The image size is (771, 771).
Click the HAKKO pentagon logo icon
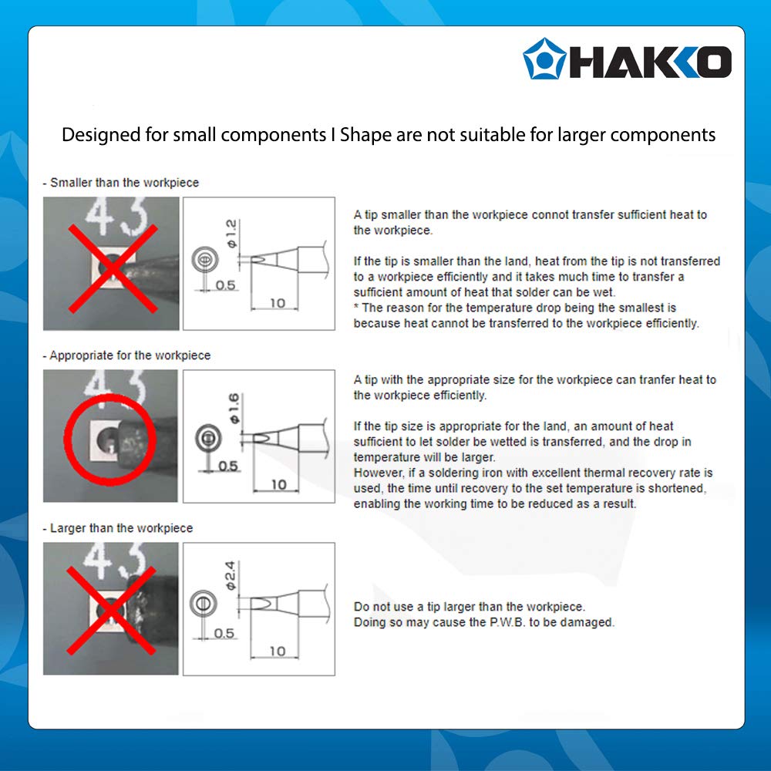[x=544, y=59]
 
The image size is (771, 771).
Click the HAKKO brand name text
[x=649, y=61]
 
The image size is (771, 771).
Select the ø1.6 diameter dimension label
[x=234, y=406]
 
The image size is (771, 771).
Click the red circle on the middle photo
[x=110, y=436]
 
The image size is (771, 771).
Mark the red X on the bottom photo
[x=110, y=608]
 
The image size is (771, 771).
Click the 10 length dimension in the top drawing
[x=277, y=303]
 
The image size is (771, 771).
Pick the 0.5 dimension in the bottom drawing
[x=224, y=633]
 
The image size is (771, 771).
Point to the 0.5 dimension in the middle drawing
[x=228, y=466]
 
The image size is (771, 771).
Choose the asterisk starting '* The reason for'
[x=356, y=308]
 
